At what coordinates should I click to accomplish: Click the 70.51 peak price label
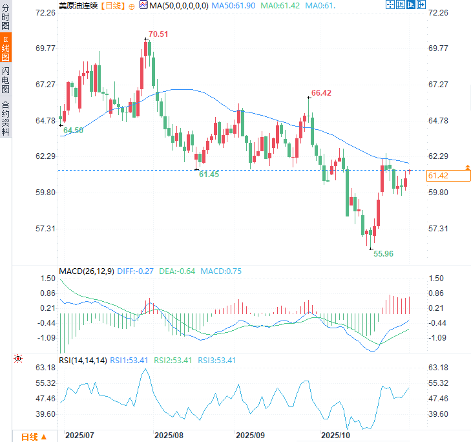[x=158, y=34]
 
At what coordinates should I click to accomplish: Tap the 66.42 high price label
[x=321, y=93]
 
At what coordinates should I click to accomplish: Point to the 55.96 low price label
[x=384, y=254]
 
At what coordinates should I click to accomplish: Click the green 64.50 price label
[x=73, y=130]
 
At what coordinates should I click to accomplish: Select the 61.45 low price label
[x=209, y=174]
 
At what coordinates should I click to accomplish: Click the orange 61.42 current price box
[x=438, y=176]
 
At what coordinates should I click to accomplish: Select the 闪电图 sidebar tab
[x=6, y=79]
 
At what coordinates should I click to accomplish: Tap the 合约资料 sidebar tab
[x=6, y=117]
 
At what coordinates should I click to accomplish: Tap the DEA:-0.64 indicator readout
[x=176, y=271]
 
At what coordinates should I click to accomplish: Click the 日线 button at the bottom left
[x=34, y=437]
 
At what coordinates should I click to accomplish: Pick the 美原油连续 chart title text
[x=78, y=5]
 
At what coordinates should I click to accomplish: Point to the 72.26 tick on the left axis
[x=47, y=13]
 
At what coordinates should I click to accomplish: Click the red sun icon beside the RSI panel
[x=18, y=358]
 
